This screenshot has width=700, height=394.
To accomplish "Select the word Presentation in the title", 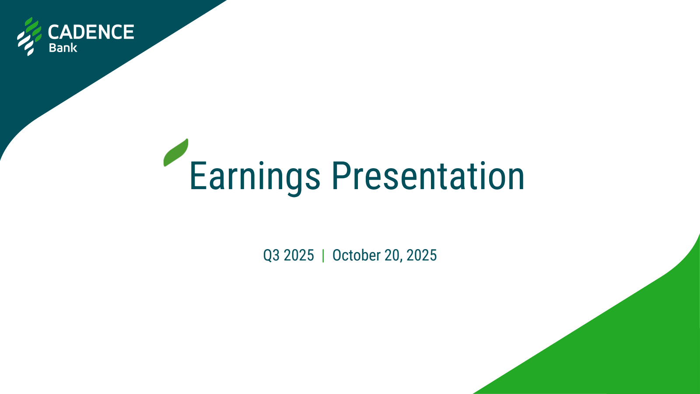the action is pos(428,176).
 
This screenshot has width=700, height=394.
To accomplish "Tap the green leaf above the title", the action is pos(175,153).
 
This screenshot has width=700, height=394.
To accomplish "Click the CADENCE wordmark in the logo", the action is pos(91,32).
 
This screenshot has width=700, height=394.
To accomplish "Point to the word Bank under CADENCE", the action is pos(63,48).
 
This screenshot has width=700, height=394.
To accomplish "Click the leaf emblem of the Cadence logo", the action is pos(29,37).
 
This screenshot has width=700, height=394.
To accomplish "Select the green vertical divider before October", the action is pos(323,256).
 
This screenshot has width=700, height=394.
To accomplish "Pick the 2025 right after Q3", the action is pos(299,255).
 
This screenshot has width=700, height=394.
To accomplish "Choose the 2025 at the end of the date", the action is pos(422,255).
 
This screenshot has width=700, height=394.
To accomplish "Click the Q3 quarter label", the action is pos(271,256).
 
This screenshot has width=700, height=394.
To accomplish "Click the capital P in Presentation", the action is pos(341,176).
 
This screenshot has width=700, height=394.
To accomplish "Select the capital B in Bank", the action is pos(52,48).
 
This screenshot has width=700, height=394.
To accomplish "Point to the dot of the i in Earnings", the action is pos(261,163).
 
